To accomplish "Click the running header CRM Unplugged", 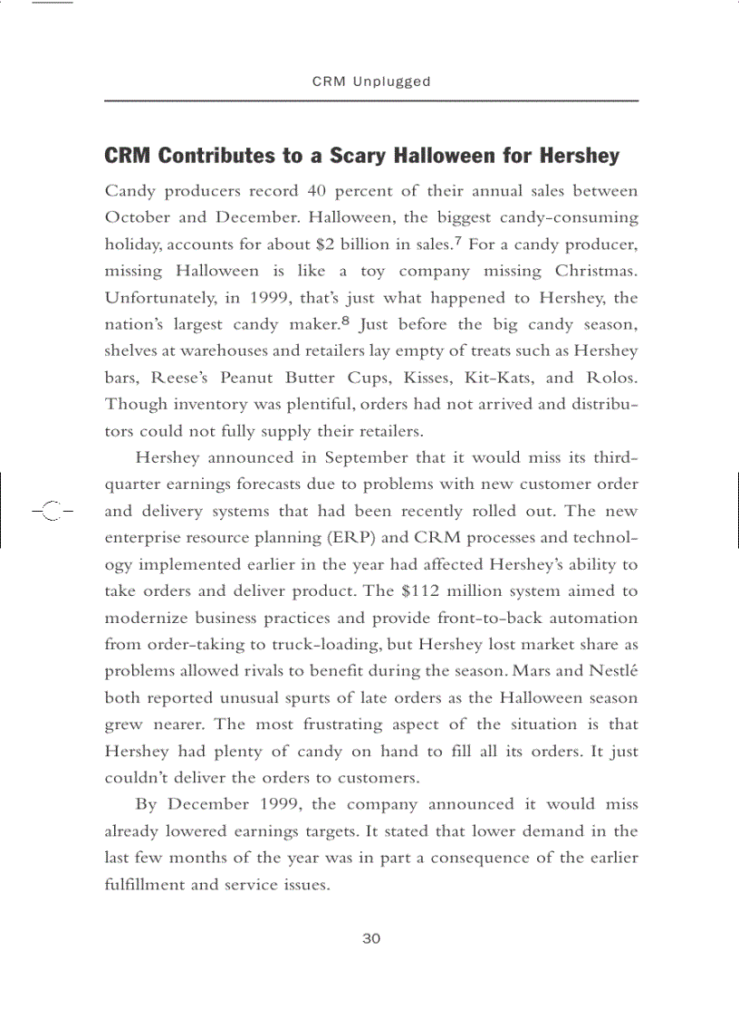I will [371, 82].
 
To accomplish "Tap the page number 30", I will [371, 938].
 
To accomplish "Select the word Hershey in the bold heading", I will [580, 156].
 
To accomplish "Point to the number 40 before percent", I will [316, 191].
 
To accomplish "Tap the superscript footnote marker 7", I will [460, 240].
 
